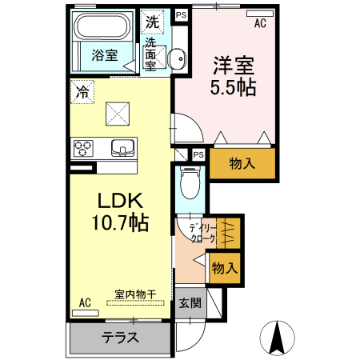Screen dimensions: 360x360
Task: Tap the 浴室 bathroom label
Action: (x=104, y=55)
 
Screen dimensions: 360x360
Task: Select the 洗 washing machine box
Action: (x=151, y=21)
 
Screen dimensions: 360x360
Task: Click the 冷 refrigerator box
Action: (x=81, y=91)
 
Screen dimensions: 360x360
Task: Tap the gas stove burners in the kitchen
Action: (x=83, y=148)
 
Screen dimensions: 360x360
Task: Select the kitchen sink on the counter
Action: (x=122, y=147)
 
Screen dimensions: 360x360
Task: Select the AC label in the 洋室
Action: (x=260, y=23)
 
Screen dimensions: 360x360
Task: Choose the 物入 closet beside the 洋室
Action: (x=242, y=164)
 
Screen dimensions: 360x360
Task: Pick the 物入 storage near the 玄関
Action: (x=224, y=268)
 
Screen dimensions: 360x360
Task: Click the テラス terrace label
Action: (x=120, y=337)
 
